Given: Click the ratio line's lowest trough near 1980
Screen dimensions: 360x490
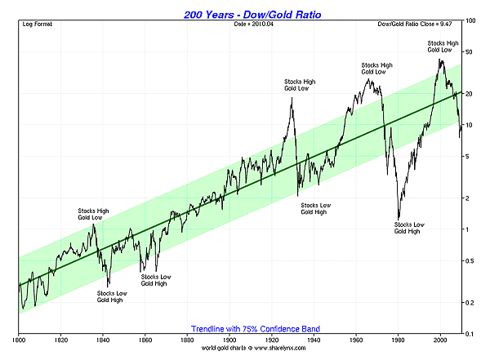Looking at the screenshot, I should pos(398,216).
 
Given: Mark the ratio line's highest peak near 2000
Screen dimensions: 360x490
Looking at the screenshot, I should pos(441,59).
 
